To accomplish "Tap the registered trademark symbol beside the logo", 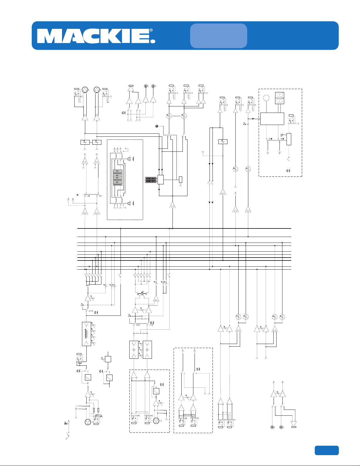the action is pyautogui.click(x=151, y=30).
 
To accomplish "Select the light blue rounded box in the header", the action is pyautogui.click(x=219, y=36).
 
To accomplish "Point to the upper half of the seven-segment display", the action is pyautogui.click(x=279, y=95).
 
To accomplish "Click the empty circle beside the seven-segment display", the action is pyautogui.click(x=266, y=98).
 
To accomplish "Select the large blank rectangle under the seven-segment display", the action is pyautogui.click(x=272, y=118).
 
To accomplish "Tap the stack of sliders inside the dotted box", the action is pyautogui.click(x=118, y=178).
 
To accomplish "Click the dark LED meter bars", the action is pyautogui.click(x=151, y=180).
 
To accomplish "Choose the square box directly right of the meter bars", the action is pyautogui.click(x=160, y=180).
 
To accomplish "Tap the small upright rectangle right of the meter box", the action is pyautogui.click(x=181, y=180).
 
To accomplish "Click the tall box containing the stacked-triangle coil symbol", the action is pyautogui.click(x=87, y=334).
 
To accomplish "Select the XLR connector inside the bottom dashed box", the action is pyautogui.click(x=156, y=421).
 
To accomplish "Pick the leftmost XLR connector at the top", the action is pyautogui.click(x=85, y=89).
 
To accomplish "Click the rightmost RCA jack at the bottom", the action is pyautogui.click(x=281, y=427).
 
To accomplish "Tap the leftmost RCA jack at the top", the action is pyautogui.click(x=146, y=86).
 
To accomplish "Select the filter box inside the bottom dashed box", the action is pyautogui.click(x=156, y=391).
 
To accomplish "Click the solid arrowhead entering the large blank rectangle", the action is pyautogui.click(x=253, y=118).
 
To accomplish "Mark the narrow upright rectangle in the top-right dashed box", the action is pyautogui.click(x=289, y=139).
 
